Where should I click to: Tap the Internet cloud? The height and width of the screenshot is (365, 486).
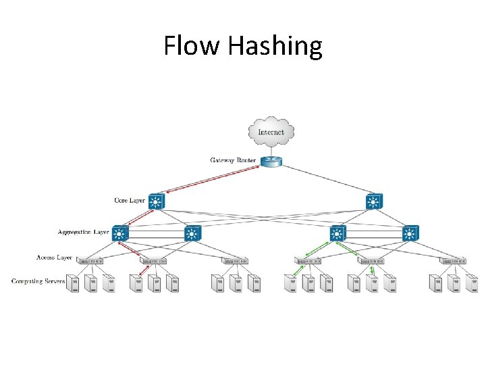(271, 132)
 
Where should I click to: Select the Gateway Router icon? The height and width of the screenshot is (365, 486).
(271, 161)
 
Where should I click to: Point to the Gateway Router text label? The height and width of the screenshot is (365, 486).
(233, 161)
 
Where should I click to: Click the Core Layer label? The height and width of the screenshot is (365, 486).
(130, 201)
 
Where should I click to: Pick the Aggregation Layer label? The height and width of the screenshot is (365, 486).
(83, 233)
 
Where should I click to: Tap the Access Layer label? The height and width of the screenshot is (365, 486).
(55, 258)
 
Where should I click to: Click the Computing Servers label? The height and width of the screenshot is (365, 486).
(38, 281)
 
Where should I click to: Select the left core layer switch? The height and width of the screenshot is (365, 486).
(157, 201)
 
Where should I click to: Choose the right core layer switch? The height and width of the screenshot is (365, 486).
(374, 201)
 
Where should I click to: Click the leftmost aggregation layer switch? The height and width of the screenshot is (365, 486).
(121, 234)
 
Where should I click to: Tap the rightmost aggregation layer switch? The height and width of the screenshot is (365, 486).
(410, 234)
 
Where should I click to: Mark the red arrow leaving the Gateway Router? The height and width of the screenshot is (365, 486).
(213, 180)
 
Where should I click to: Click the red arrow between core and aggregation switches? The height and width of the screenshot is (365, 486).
(139, 217)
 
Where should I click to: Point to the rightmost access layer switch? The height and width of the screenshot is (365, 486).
(452, 260)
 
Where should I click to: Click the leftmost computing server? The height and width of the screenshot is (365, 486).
(74, 284)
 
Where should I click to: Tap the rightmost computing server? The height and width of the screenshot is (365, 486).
(472, 284)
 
